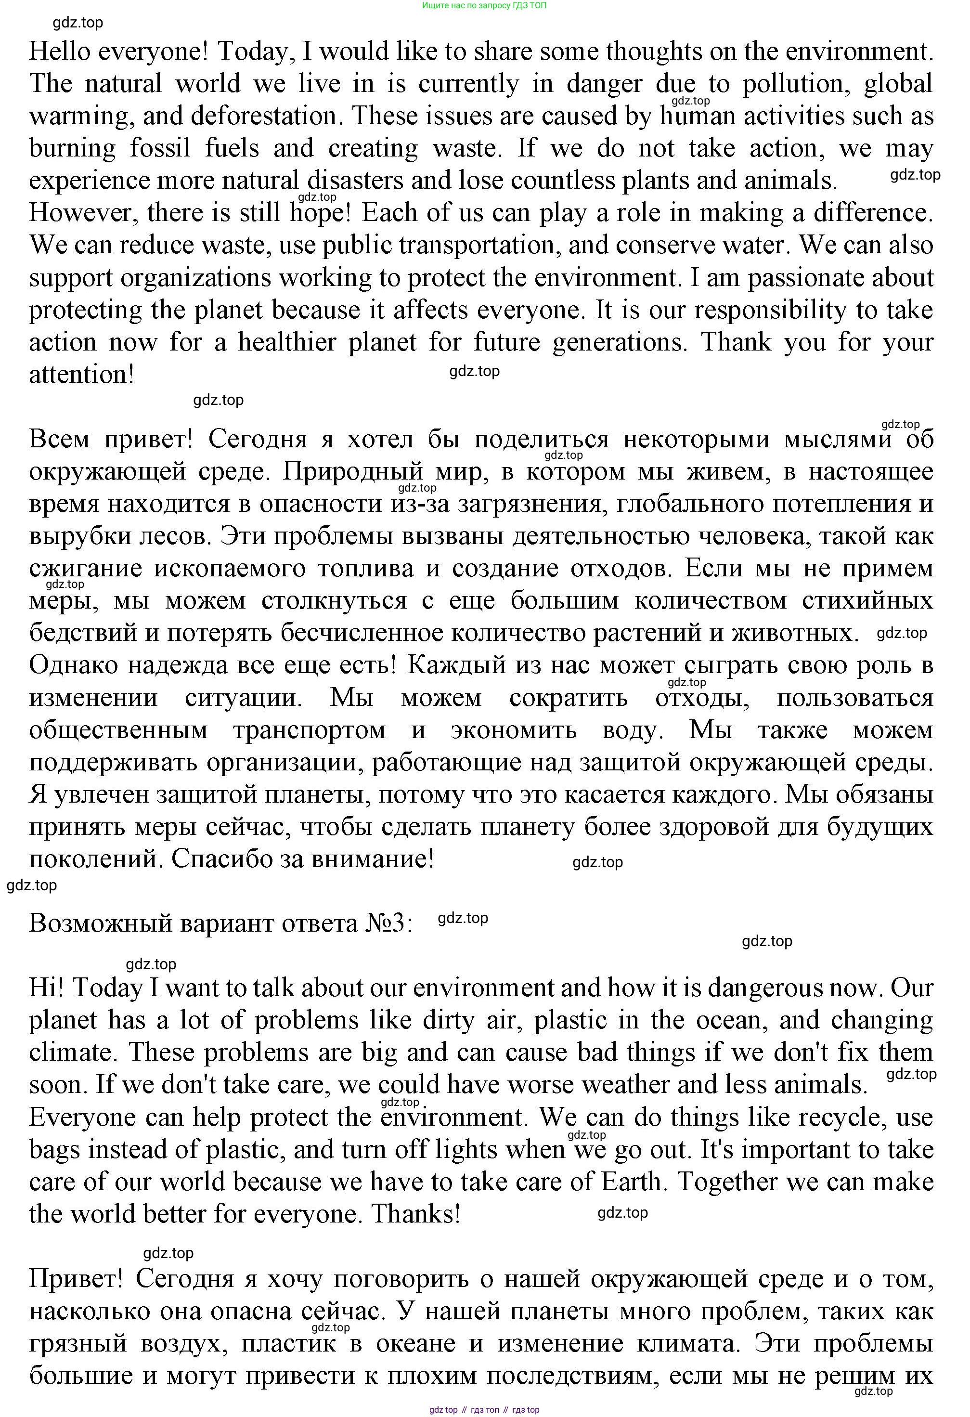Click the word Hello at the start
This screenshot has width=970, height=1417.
click(x=60, y=52)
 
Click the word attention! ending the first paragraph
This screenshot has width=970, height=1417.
click(x=81, y=375)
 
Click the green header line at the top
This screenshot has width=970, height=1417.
click(x=484, y=5)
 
